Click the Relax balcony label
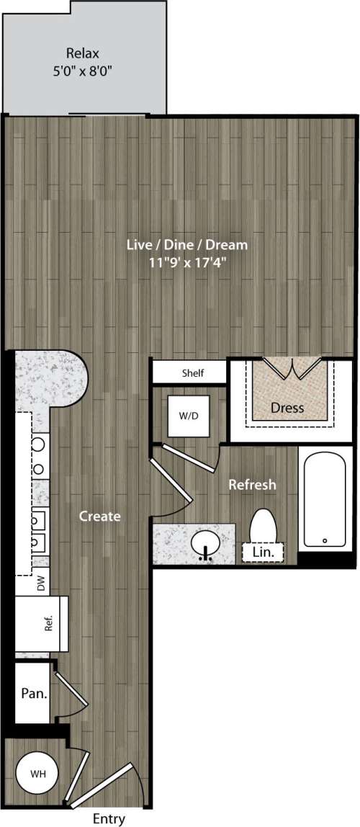pyautogui.click(x=82, y=53)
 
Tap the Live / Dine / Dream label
pyautogui.click(x=186, y=245)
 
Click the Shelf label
pyautogui.click(x=192, y=373)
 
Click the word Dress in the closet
pyautogui.click(x=287, y=408)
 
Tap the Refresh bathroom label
pyautogui.click(x=252, y=485)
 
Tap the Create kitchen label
pyautogui.click(x=99, y=516)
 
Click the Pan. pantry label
pyautogui.click(x=33, y=694)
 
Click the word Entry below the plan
pyautogui.click(x=109, y=818)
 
